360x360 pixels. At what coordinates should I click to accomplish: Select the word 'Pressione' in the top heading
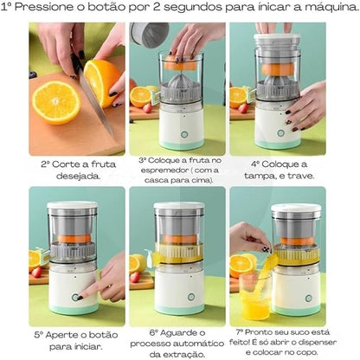click(55, 10)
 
